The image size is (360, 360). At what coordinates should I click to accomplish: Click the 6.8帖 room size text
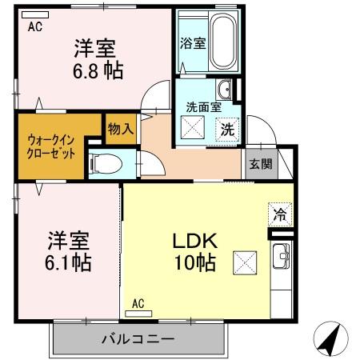point(99,70)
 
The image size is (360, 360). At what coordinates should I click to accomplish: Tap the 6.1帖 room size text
point(67,262)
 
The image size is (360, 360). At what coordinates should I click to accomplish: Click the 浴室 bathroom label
point(193,43)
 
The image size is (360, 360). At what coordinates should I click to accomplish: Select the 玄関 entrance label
point(260,164)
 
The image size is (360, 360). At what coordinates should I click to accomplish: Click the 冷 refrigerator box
point(279,214)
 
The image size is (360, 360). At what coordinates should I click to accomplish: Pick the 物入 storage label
point(120,127)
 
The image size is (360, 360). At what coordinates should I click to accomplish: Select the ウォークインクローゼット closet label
point(50,146)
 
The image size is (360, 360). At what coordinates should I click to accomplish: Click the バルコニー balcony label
point(138,338)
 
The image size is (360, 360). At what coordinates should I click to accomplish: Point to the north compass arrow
point(330,338)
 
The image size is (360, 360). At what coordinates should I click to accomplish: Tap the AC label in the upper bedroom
point(35,26)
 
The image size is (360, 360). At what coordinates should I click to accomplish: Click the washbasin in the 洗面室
point(226,88)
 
